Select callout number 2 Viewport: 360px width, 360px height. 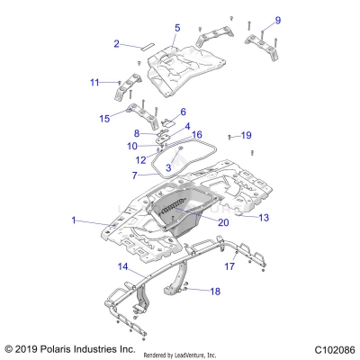click(x=116, y=43)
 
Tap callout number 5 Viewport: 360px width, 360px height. click(x=177, y=28)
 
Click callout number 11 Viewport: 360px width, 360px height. click(x=94, y=83)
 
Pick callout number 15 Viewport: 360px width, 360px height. click(x=104, y=118)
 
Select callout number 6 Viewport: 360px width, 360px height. click(x=183, y=112)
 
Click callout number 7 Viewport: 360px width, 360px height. click(x=135, y=175)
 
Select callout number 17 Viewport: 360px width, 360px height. click(x=229, y=266)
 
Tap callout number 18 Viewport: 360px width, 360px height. click(x=214, y=292)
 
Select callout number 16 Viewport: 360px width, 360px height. click(x=197, y=135)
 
